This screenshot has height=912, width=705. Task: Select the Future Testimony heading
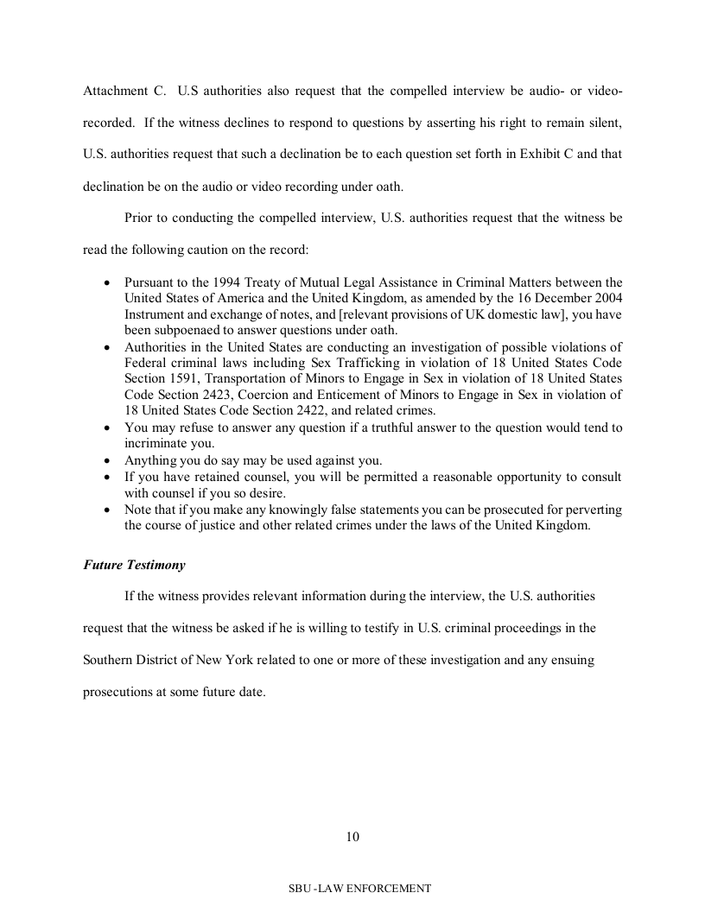(x=134, y=565)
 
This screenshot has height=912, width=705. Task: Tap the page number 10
(x=352, y=836)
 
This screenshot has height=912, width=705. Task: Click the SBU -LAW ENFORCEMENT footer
(x=360, y=888)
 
